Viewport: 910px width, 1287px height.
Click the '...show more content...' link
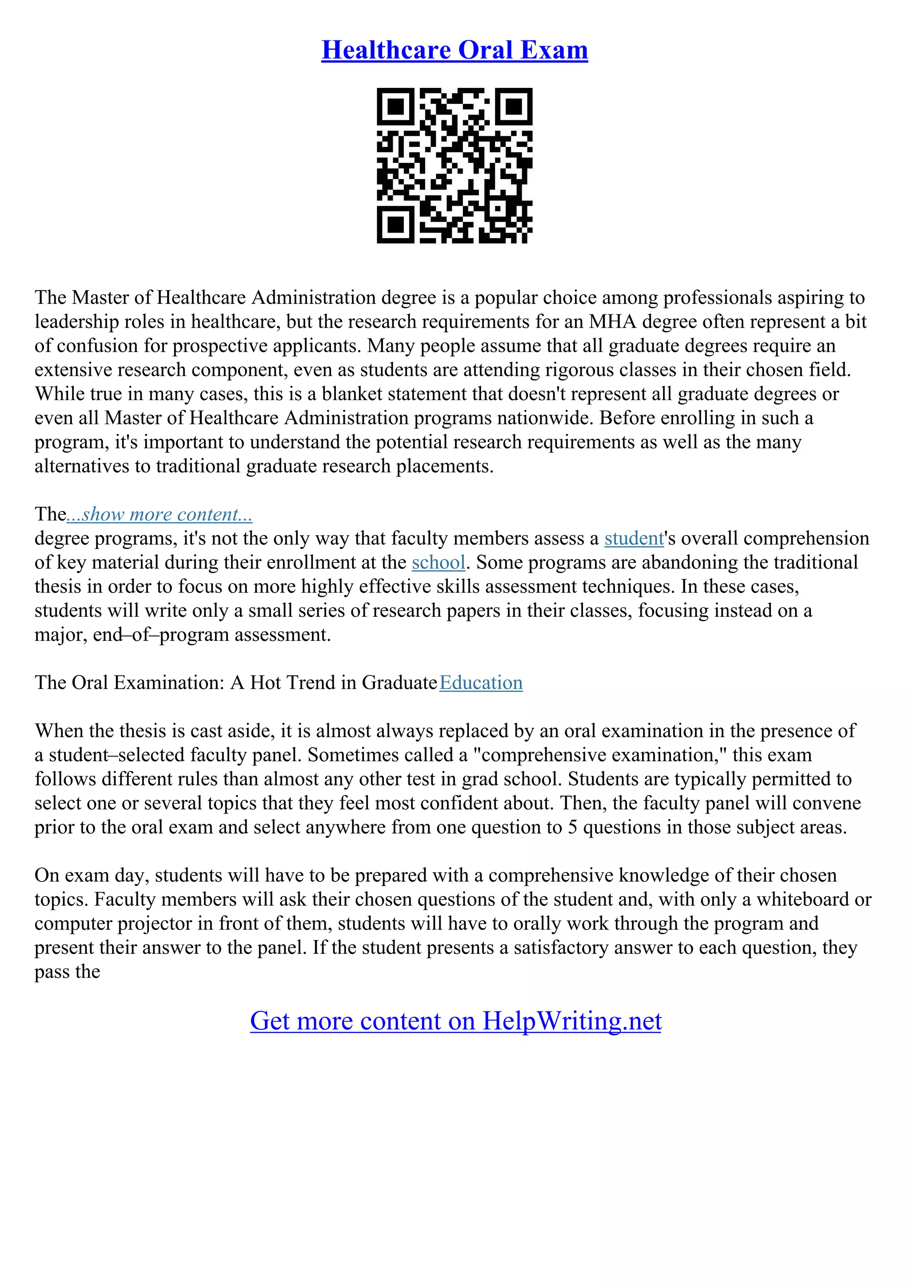[159, 514]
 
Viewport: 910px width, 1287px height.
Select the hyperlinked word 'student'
[634, 538]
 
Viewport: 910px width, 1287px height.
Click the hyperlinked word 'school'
[439, 562]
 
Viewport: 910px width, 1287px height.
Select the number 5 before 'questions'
[572, 827]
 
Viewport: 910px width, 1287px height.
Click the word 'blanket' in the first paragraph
[352, 394]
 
